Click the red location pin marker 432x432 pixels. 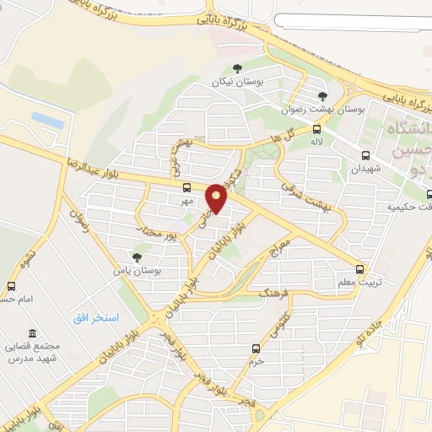pyautogui.click(x=217, y=198)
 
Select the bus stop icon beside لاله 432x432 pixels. pyautogui.click(x=317, y=129)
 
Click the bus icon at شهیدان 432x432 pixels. pyautogui.click(x=365, y=155)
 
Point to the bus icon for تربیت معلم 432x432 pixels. pyautogui.click(x=360, y=270)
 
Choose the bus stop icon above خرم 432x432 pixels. pyautogui.click(x=256, y=348)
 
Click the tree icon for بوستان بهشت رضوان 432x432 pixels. pyautogui.click(x=323, y=96)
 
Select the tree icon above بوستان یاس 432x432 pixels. pyautogui.click(x=137, y=256)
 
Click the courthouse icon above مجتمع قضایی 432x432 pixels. pyautogui.click(x=32, y=333)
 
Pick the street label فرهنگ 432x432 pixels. pyautogui.click(x=275, y=294)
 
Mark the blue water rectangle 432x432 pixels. pyautogui.click(x=48, y=121)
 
